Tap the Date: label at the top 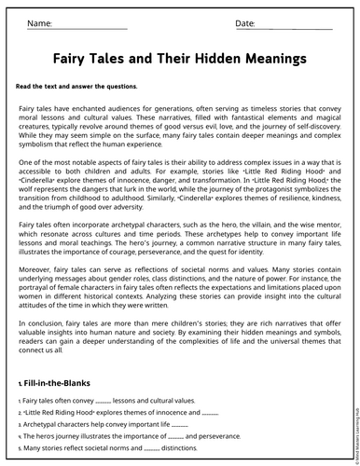(x=244, y=22)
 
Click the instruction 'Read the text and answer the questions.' (x=76, y=86)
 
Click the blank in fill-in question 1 (x=104, y=400)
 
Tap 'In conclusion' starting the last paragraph (x=43, y=323)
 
